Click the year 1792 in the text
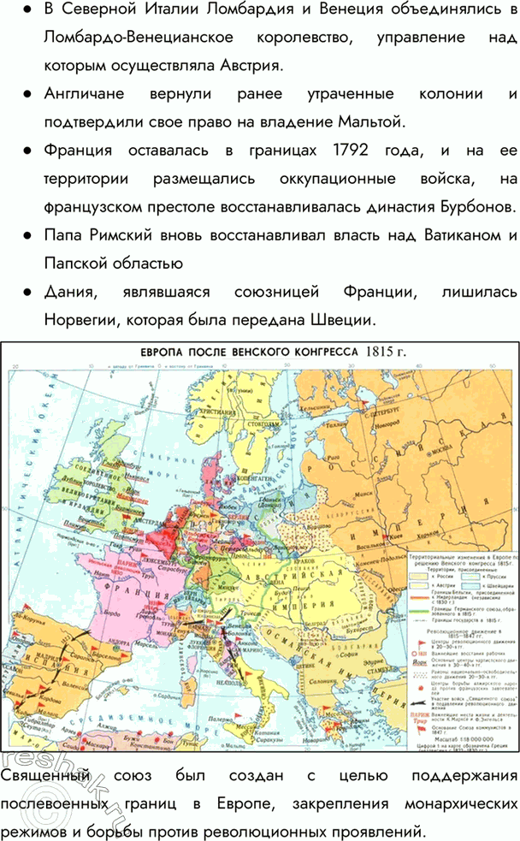point(346,151)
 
